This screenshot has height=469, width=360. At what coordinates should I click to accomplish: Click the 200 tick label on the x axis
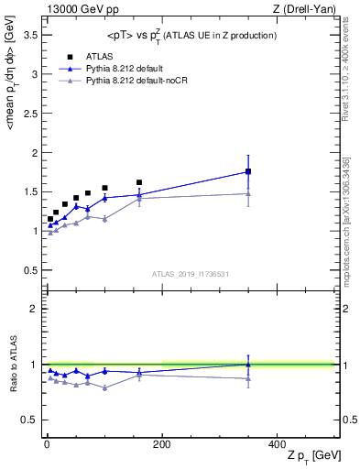coord(161,444)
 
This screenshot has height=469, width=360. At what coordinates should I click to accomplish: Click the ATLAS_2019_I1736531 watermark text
coord(190,274)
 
